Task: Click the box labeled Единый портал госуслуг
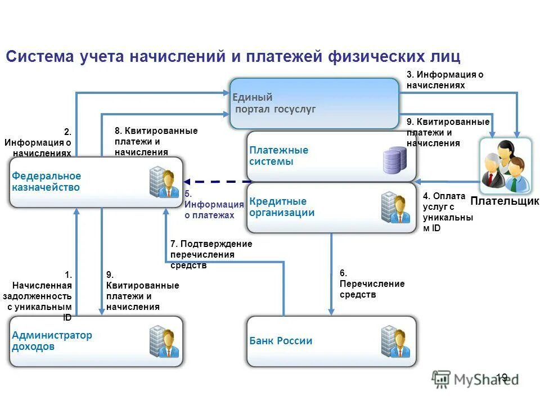pos(314,103)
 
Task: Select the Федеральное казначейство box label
pos(46,182)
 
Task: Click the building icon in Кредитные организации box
pos(394,208)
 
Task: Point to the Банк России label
pos(281,341)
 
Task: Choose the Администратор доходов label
pos(52,341)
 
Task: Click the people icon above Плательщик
pos(505,164)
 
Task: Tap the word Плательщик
pos(505,201)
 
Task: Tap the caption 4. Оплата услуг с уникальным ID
pos(448,211)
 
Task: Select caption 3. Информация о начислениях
pos(445,80)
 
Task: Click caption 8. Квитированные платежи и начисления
pos(156,141)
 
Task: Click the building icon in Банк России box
pos(394,341)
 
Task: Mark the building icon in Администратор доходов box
pos(164,341)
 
